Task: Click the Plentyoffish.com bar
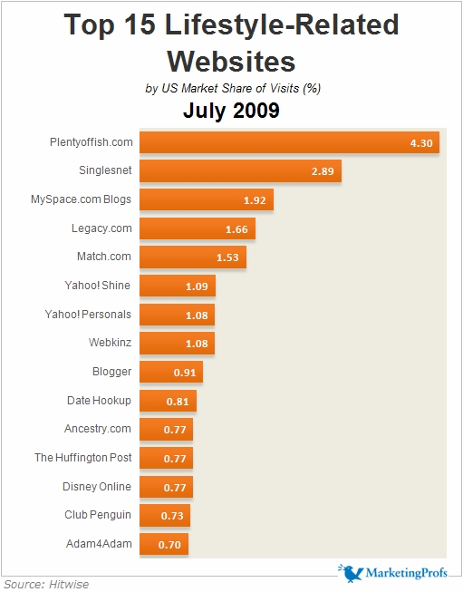290,142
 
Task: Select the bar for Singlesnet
241,170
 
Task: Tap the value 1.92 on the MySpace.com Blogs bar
255,199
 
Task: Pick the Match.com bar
193,257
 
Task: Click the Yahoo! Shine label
98,286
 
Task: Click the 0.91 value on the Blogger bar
184,372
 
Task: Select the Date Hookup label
99,400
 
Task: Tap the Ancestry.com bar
167,429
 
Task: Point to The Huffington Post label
82,458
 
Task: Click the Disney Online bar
167,487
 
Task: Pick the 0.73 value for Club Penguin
172,516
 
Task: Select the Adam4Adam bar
164,544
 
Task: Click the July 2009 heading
231,112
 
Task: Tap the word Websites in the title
231,61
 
